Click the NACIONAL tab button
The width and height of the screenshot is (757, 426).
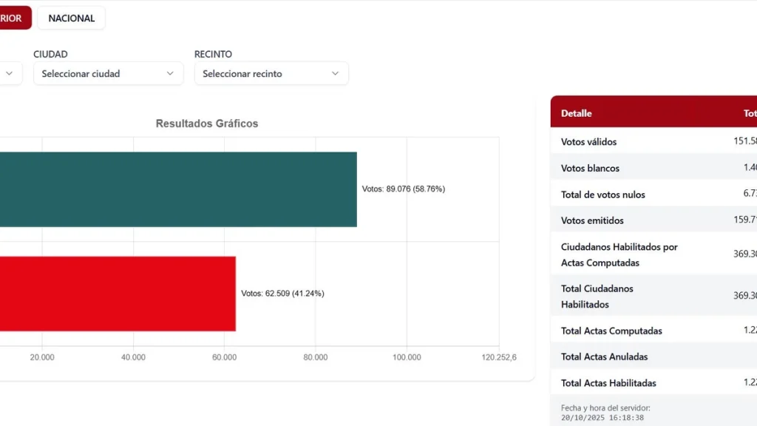[72, 18]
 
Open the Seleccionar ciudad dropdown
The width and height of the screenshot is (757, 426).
[108, 74]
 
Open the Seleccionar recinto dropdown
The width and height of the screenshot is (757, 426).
[271, 74]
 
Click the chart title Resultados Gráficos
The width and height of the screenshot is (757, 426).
[207, 124]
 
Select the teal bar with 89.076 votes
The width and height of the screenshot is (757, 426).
[177, 189]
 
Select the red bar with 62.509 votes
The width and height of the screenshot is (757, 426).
[118, 294]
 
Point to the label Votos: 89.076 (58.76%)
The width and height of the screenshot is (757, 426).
[404, 189]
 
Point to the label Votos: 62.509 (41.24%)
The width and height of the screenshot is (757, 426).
[282, 294]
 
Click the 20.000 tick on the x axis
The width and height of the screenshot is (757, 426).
[42, 357]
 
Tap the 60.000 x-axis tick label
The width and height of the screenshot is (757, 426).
[224, 357]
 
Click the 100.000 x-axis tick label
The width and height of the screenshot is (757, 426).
[407, 357]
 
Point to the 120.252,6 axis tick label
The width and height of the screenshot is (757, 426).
[498, 357]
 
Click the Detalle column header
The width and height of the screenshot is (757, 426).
[577, 113]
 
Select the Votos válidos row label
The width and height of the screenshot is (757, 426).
[588, 142]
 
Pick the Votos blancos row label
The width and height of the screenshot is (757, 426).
[590, 168]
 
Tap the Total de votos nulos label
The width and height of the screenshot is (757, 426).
[602, 195]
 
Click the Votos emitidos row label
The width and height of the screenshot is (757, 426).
[592, 220]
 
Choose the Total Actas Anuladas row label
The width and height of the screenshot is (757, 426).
[604, 356]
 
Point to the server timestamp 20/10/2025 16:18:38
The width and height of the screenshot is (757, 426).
[603, 417]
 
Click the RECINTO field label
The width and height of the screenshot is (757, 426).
[213, 55]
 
